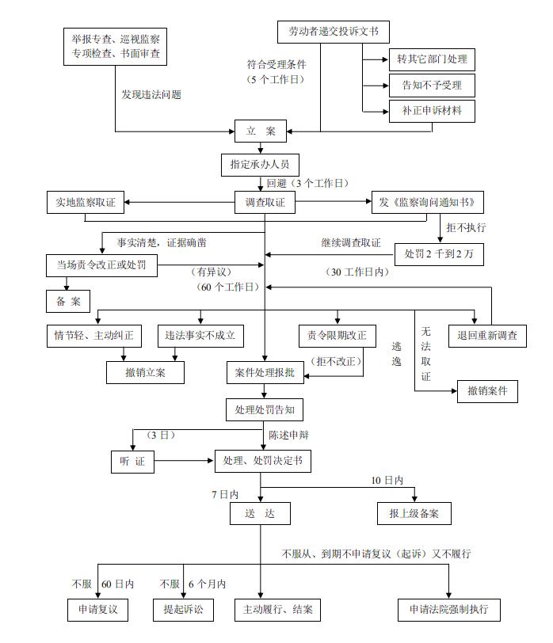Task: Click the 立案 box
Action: click(x=261, y=131)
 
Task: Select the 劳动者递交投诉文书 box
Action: click(x=334, y=32)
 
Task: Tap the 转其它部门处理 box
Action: click(x=431, y=59)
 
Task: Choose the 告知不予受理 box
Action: click(x=431, y=85)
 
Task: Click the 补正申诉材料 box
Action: click(x=431, y=111)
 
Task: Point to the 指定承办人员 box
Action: click(x=259, y=165)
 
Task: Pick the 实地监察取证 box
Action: click(x=81, y=203)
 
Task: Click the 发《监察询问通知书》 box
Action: click(x=428, y=203)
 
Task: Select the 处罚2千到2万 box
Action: click(x=438, y=253)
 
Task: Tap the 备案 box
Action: click(x=67, y=301)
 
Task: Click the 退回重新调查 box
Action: click(x=486, y=336)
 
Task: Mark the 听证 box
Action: click(x=133, y=461)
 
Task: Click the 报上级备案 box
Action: click(x=414, y=513)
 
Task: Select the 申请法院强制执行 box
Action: click(x=449, y=609)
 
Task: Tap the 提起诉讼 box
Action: click(x=183, y=609)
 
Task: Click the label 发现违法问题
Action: click(x=151, y=95)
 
